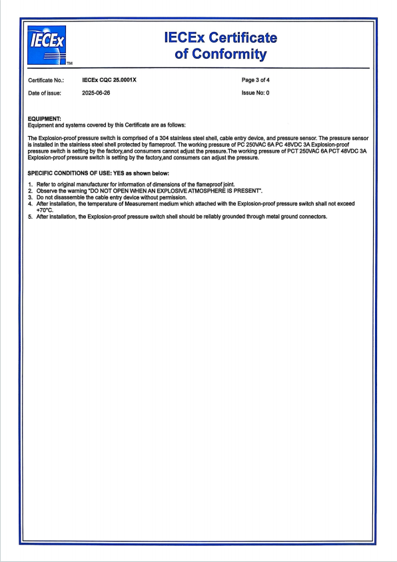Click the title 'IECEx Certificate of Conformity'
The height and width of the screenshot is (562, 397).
(x=220, y=46)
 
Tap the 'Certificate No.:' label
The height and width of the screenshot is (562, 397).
(x=45, y=80)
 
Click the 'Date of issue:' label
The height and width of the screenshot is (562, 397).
(x=44, y=93)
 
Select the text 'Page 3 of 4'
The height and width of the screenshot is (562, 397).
(x=256, y=79)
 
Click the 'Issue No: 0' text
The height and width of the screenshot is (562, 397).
(x=255, y=93)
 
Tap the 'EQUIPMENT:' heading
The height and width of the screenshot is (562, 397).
(x=44, y=119)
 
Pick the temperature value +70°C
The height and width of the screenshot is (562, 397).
(x=45, y=210)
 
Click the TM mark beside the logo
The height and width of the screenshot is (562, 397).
(x=70, y=65)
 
